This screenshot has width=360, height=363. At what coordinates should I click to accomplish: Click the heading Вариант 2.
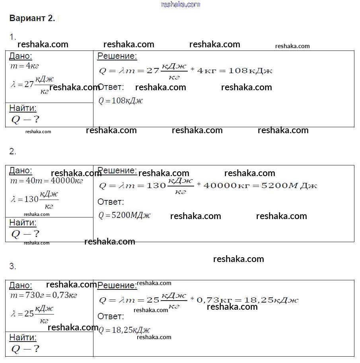click(32, 18)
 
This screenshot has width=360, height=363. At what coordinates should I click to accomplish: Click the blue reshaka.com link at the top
click(180, 4)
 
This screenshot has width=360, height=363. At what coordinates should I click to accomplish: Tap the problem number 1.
click(13, 37)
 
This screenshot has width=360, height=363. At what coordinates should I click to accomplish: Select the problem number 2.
click(13, 151)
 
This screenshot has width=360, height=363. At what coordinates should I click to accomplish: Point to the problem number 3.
click(13, 266)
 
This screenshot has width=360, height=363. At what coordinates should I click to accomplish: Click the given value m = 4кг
click(25, 66)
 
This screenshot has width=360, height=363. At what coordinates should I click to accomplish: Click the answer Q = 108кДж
click(121, 101)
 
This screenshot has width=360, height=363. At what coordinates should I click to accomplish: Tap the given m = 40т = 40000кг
click(47, 181)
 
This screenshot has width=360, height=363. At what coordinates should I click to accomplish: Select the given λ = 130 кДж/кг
click(35, 199)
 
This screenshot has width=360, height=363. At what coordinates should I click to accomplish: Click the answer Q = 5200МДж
click(125, 215)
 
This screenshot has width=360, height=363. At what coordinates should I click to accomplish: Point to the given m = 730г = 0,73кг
click(43, 295)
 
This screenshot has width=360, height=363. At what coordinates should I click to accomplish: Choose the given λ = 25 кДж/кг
click(32, 314)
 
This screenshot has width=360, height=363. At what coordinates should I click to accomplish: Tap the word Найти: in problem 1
click(23, 108)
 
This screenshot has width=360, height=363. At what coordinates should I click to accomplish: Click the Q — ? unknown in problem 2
click(25, 234)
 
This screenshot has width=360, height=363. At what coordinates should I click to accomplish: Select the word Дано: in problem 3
click(21, 285)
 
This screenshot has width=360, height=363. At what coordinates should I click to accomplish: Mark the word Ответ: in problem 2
click(111, 202)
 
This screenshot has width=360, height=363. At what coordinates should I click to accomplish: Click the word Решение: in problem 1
click(117, 56)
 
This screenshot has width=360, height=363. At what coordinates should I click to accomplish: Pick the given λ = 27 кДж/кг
click(32, 84)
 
